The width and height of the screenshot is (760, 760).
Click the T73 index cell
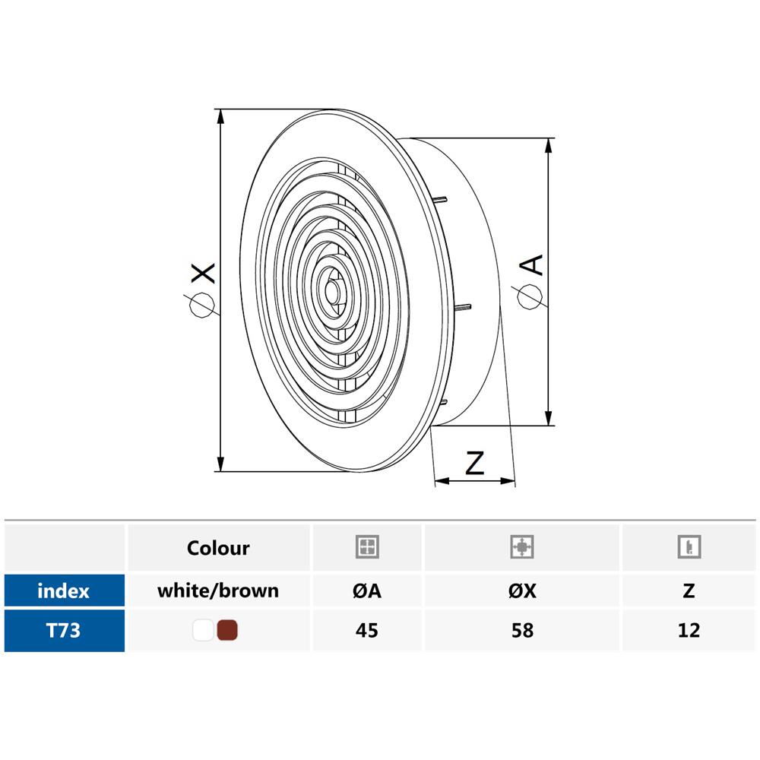click(x=64, y=631)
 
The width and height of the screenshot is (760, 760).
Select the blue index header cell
click(x=64, y=591)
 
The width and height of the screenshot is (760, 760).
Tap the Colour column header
click(x=218, y=548)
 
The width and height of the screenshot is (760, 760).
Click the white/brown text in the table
click(x=218, y=591)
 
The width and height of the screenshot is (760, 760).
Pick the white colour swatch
click(x=203, y=630)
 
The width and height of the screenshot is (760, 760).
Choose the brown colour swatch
click(x=226, y=630)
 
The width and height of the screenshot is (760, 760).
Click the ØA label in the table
click(x=367, y=591)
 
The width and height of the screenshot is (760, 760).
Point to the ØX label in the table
click(x=523, y=591)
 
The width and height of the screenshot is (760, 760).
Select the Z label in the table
click(x=689, y=591)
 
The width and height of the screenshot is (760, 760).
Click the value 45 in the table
click(x=367, y=631)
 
